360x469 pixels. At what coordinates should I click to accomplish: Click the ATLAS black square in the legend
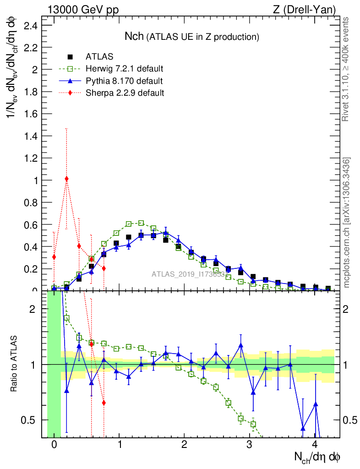click(x=70, y=57)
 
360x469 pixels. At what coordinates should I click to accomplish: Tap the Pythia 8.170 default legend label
click(x=124, y=81)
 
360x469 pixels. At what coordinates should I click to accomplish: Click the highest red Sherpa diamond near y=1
click(x=67, y=179)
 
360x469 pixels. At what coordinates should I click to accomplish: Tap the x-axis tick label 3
click(x=249, y=445)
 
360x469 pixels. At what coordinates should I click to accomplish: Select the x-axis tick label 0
click(x=54, y=445)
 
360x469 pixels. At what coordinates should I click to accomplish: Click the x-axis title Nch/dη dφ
click(x=316, y=456)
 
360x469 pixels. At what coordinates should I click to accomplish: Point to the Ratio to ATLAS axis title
click(x=14, y=365)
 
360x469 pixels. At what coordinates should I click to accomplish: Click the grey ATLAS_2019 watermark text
click(x=188, y=274)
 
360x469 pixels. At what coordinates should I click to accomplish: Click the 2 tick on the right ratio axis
click(x=348, y=309)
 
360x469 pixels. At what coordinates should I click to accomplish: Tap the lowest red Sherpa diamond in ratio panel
click(x=104, y=403)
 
